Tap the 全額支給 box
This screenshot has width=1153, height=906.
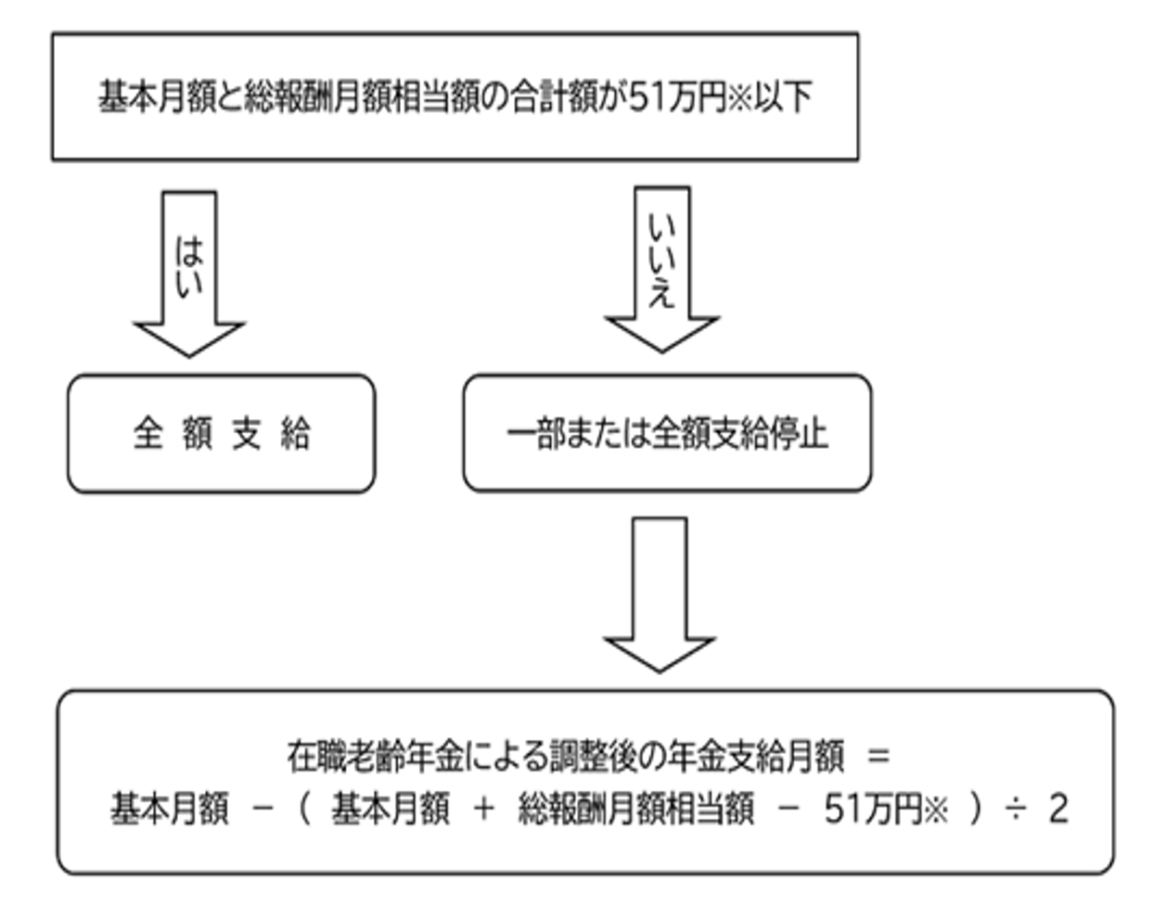pyautogui.click(x=222, y=434)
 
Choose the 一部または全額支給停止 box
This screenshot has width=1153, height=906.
pyautogui.click(x=667, y=433)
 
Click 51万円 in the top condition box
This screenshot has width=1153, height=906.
pyautogui.click(x=676, y=97)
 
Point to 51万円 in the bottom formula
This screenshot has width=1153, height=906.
pyautogui.click(x=872, y=810)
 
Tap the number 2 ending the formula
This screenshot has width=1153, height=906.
pyautogui.click(x=1058, y=810)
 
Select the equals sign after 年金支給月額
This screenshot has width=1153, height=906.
pyautogui.click(x=878, y=756)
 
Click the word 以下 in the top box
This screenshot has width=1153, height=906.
pyautogui.click(x=783, y=97)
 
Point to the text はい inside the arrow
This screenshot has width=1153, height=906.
pyautogui.click(x=189, y=267)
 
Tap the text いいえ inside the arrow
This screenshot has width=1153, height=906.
pyautogui.click(x=662, y=261)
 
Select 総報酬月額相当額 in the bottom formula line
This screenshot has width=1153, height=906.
pyautogui.click(x=635, y=810)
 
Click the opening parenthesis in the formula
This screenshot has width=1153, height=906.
pyautogui.click(x=304, y=810)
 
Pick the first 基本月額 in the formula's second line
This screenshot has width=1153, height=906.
pyautogui.click(x=169, y=810)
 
